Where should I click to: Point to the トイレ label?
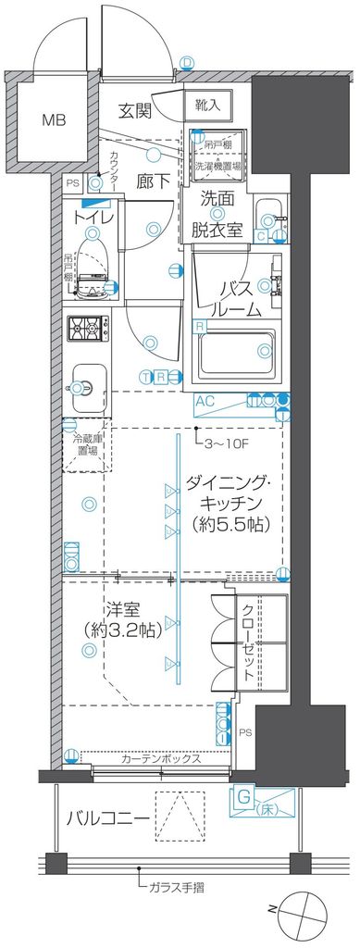pos(95,217)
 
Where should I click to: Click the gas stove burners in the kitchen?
pos(89,328)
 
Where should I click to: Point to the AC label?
pos(206,401)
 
